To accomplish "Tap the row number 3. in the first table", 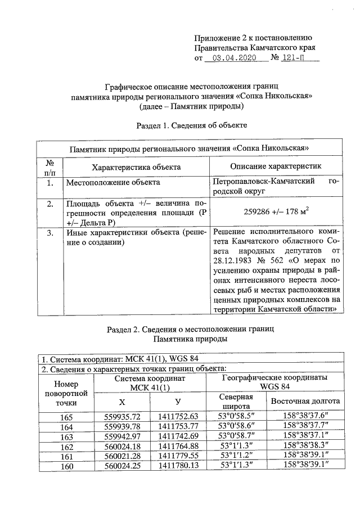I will click(x=50, y=232).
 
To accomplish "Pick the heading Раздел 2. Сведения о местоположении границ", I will click(x=192, y=329).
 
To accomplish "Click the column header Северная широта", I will click(x=237, y=400).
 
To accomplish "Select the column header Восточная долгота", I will click(x=305, y=401).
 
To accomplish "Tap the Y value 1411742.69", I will click(x=178, y=436).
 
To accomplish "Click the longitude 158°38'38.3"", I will click(x=305, y=446).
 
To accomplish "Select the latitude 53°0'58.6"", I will click(x=237, y=426).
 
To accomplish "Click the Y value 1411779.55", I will click(x=178, y=456).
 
